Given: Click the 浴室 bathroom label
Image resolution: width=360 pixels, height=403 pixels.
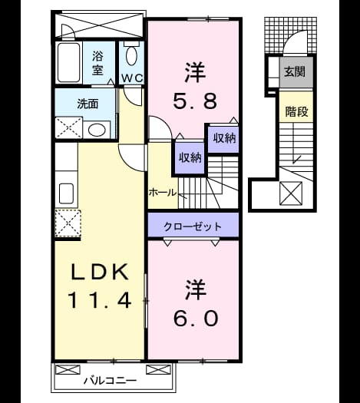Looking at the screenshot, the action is (x=97, y=63).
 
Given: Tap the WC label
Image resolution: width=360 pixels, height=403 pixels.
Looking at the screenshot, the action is (x=132, y=78).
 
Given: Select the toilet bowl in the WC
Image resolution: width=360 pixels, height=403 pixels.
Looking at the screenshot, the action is (x=131, y=55).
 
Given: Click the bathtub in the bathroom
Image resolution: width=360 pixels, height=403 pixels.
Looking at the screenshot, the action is (x=68, y=62).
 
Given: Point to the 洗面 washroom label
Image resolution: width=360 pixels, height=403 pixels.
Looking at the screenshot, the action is (x=88, y=104).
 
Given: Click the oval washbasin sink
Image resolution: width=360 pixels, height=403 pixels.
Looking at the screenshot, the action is (x=97, y=130).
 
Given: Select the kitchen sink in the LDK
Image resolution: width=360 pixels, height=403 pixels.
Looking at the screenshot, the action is (x=67, y=193).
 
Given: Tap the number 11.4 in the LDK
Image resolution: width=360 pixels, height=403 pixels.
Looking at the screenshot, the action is (x=100, y=300).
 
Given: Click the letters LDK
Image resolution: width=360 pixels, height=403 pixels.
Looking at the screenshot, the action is (x=100, y=272).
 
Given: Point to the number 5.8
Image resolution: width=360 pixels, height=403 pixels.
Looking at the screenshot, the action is (x=195, y=101).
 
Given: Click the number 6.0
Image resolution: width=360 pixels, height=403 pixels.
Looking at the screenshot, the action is (x=195, y=319).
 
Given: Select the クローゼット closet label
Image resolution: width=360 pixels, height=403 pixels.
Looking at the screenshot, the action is (x=193, y=226).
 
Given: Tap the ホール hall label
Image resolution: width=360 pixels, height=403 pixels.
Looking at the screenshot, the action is (x=163, y=192).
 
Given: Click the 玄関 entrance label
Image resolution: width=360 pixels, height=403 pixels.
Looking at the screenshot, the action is (x=295, y=71).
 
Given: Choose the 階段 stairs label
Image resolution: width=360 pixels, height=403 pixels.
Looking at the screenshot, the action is (x=296, y=112).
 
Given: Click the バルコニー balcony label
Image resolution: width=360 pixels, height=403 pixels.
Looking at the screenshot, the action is (x=111, y=380).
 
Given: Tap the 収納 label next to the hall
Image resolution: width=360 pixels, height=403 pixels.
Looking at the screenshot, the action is (x=190, y=157).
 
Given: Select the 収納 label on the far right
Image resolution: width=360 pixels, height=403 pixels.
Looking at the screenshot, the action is (x=224, y=138).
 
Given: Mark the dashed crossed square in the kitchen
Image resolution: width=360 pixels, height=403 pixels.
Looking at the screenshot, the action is (x=68, y=223).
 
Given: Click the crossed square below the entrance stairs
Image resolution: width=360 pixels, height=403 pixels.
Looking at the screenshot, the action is (x=291, y=193).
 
